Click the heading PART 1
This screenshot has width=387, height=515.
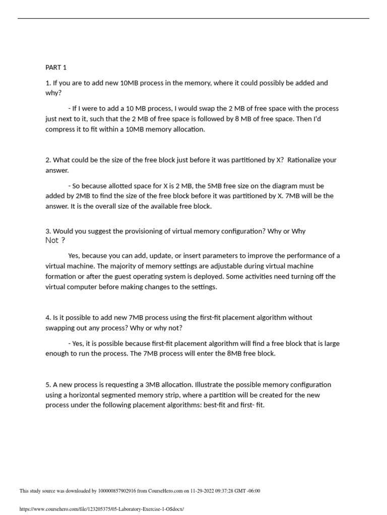56,67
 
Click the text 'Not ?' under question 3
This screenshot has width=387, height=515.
55,240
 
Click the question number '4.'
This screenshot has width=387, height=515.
48,318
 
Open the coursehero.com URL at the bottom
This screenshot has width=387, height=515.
101,509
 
